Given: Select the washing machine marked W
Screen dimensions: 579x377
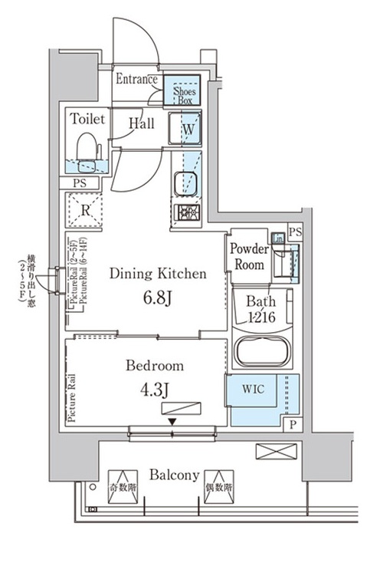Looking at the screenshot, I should (x=187, y=130).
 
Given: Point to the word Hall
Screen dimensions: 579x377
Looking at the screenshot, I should (x=143, y=123).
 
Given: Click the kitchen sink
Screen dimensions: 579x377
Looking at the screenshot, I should (x=185, y=184).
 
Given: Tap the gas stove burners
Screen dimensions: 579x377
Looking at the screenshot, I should (x=185, y=213).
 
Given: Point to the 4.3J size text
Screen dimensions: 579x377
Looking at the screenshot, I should (x=156, y=388).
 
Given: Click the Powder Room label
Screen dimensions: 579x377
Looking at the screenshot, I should (x=250, y=257).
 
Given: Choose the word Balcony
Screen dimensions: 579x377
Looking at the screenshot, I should (x=175, y=475).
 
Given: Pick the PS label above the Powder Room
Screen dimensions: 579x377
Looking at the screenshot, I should (x=296, y=232).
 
